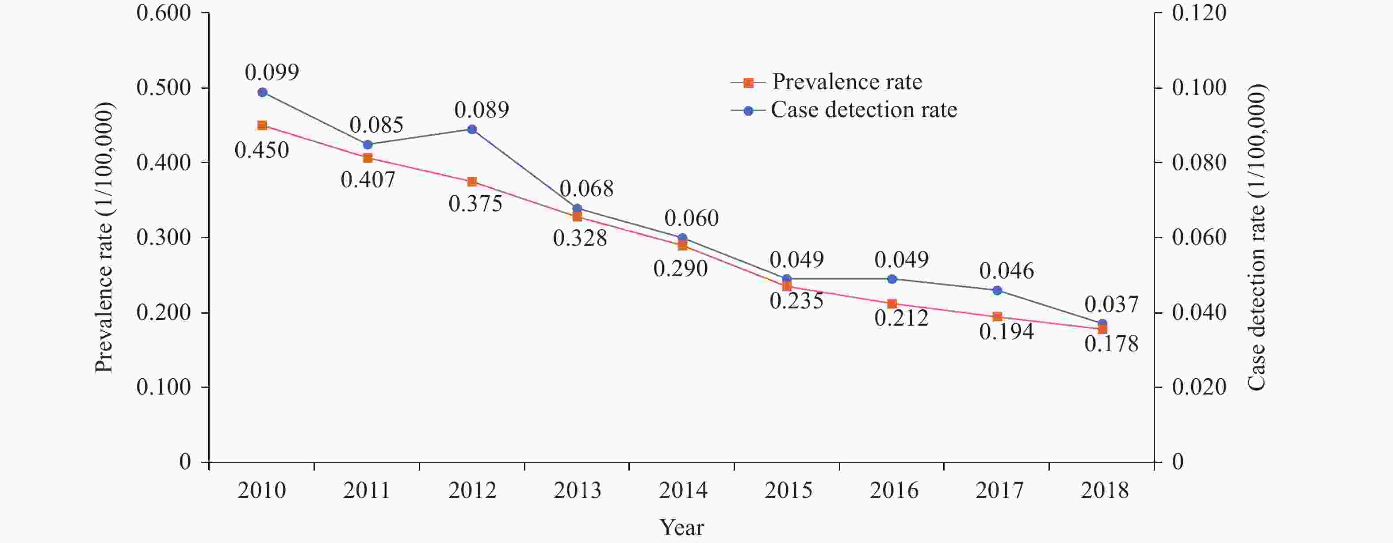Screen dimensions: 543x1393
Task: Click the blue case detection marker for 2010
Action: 262,92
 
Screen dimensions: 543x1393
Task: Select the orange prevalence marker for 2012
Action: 472,182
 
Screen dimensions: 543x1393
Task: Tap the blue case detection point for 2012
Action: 472,129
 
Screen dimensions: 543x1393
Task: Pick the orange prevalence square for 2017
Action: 998,317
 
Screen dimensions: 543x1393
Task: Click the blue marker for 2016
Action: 892,279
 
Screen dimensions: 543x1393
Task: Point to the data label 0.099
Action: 272,72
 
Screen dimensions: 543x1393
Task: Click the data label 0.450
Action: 262,150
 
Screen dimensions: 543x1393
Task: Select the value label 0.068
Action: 586,189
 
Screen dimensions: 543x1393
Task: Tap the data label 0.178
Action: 1111,344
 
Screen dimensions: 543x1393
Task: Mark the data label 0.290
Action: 680,269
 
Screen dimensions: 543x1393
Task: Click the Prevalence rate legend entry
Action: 846,82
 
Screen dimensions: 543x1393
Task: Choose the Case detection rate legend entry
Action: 864,110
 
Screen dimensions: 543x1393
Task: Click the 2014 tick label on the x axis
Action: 683,490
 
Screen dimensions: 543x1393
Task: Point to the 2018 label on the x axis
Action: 1104,490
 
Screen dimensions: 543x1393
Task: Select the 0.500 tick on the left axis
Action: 163,87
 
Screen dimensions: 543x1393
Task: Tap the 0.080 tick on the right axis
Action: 1199,163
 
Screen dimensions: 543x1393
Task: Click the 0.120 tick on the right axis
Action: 1199,13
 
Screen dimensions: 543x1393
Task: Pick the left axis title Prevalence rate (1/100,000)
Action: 104,238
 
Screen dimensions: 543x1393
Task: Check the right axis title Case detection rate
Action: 1256,238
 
